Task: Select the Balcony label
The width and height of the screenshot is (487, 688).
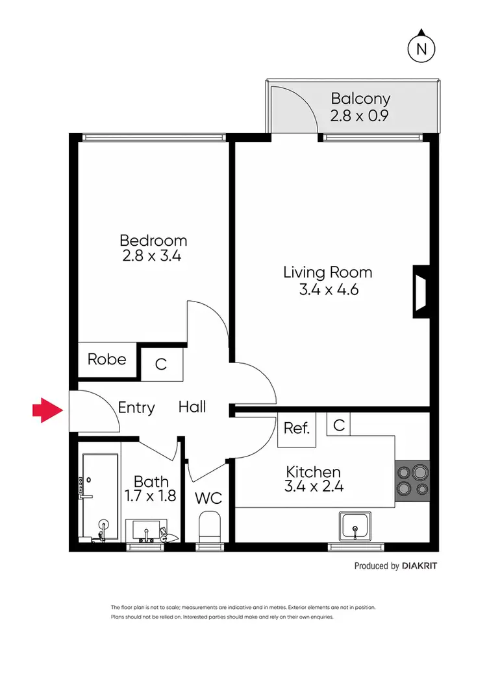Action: coord(360,99)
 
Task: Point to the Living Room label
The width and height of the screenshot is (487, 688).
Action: coord(328,272)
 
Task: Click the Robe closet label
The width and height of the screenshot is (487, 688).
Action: coord(107,359)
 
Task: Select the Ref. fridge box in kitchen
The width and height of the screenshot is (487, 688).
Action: coord(297,429)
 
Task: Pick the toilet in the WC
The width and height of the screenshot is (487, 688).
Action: coord(209,527)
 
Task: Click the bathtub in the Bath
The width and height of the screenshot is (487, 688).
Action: coord(100,497)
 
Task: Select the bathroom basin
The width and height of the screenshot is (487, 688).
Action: coord(147,530)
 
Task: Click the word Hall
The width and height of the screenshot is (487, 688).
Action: coord(192,407)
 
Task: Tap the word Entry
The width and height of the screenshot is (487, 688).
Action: coord(136,408)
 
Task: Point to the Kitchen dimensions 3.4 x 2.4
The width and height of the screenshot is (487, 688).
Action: coord(312,486)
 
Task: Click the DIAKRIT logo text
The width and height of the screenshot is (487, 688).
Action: coord(419,565)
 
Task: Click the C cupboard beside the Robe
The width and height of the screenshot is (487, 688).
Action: coord(161,364)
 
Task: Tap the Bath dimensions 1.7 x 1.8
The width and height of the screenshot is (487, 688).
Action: coord(151,497)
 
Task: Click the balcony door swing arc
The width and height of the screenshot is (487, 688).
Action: coord(295,110)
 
